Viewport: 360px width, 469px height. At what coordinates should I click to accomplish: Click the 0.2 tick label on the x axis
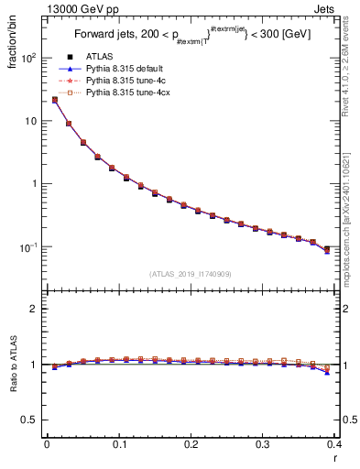[191, 443]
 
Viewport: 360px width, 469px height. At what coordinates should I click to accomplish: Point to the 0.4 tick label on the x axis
[335, 443]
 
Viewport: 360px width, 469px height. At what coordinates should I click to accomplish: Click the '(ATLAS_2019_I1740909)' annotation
[191, 274]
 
